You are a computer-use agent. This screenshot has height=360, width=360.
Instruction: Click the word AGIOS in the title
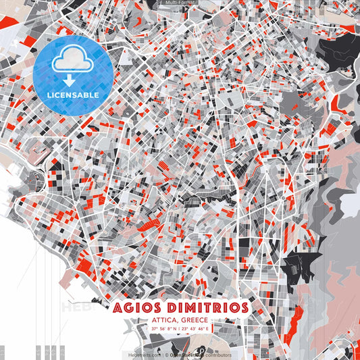pyautogui.click(x=137, y=307)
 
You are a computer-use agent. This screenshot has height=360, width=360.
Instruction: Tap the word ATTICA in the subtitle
pyautogui.click(x=165, y=319)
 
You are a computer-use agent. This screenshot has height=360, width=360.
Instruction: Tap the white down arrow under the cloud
pyautogui.click(x=73, y=79)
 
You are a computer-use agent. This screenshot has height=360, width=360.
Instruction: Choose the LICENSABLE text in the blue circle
pyautogui.click(x=73, y=94)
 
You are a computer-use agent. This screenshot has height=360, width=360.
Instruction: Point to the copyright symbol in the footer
pyautogui.click(x=167, y=355)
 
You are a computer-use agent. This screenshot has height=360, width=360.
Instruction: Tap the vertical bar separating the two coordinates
pyautogui.click(x=180, y=329)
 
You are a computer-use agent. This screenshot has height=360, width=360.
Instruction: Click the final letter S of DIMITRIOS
pyautogui.click(x=243, y=307)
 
